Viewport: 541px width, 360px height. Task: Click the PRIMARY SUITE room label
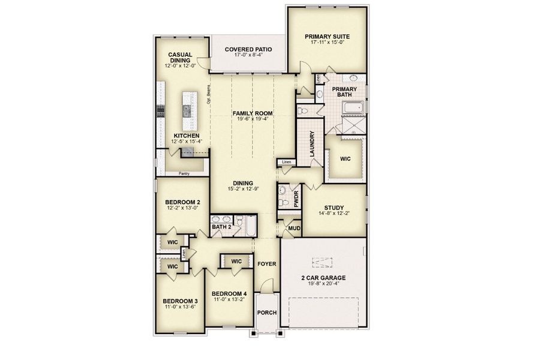pos(327,36)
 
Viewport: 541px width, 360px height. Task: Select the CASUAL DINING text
pos(180,58)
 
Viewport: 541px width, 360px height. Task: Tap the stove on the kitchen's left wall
pos(160,110)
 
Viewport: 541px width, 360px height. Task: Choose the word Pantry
pos(185,174)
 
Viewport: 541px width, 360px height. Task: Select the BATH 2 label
pos(221,227)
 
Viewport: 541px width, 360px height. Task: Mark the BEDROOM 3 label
pos(180,301)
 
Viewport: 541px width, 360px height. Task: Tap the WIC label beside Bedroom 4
pos(236,262)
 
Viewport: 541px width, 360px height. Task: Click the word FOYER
pos(266,263)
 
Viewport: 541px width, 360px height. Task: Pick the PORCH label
pos(266,313)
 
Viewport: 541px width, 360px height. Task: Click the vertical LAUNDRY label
pos(312,145)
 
